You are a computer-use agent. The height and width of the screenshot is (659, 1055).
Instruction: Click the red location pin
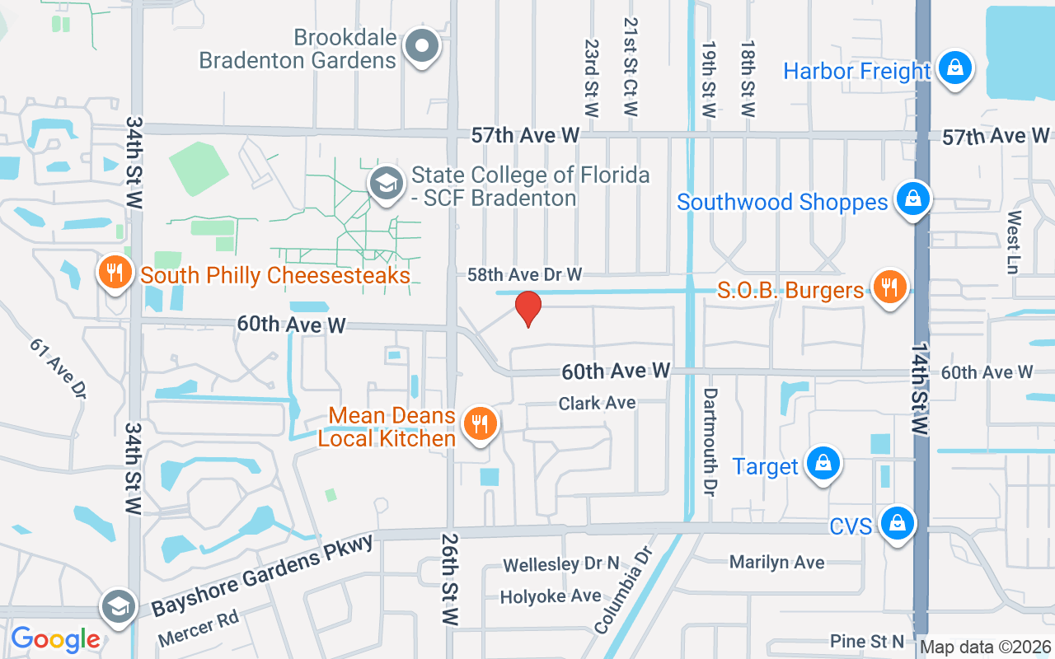click(x=528, y=308)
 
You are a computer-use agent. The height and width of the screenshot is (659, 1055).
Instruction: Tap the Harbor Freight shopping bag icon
click(x=954, y=68)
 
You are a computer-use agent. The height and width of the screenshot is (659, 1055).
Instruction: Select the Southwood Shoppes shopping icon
click(x=912, y=199)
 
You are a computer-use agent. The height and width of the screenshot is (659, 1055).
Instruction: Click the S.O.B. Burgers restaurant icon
click(x=889, y=287)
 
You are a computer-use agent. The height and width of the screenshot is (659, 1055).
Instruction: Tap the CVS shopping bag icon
click(x=896, y=523)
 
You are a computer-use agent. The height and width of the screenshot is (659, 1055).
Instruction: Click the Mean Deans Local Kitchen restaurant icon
click(x=478, y=424)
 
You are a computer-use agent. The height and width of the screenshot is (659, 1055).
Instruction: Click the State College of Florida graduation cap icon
click(x=386, y=183)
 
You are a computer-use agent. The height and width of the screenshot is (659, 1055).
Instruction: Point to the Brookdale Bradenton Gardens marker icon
click(x=424, y=46)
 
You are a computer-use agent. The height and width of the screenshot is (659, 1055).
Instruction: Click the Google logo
click(x=55, y=639)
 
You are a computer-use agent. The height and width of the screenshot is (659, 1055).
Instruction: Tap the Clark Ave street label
click(x=597, y=403)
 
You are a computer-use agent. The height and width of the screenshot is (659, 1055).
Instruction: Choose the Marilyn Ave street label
click(x=776, y=562)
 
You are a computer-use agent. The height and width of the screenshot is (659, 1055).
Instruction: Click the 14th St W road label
click(x=920, y=392)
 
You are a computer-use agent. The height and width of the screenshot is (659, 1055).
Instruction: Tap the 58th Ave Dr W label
click(x=525, y=273)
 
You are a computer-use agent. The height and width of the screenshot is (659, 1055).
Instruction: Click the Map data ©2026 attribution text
click(x=985, y=647)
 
